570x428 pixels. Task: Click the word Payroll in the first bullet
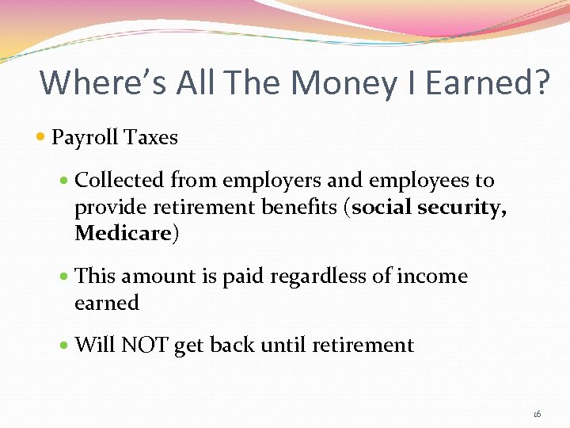83,138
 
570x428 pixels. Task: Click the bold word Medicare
123,234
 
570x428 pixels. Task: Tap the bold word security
465,208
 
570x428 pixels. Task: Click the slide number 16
537,414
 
